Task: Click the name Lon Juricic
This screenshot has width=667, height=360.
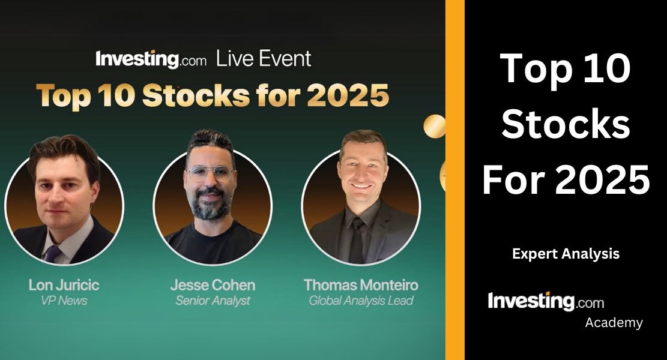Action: click(64, 284)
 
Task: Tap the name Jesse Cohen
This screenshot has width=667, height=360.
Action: click(213, 284)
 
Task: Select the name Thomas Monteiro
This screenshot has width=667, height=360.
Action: click(361, 284)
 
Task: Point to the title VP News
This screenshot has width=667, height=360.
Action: click(64, 301)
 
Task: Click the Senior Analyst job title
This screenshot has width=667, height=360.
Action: click(213, 301)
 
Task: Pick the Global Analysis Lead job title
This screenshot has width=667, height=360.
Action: click(361, 301)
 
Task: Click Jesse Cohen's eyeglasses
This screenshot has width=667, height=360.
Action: click(210, 174)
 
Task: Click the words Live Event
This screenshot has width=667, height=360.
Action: click(264, 59)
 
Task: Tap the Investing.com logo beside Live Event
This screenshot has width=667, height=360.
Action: click(151, 59)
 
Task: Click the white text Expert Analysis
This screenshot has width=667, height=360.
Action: click(566, 254)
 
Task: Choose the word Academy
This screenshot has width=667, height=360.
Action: click(614, 323)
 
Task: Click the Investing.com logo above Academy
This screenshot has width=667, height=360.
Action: click(546, 301)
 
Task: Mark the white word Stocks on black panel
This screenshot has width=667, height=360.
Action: click(566, 124)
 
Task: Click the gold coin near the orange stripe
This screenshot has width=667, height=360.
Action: click(434, 126)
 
